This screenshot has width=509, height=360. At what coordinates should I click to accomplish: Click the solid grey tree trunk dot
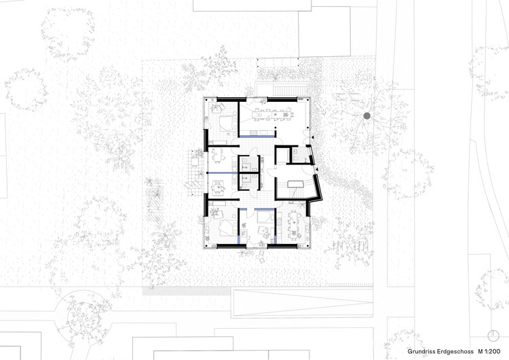click(x=367, y=117)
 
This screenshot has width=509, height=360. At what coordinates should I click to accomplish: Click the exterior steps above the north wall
click(x=280, y=90)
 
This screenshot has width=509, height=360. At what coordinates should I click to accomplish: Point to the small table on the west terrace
click(x=195, y=163)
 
